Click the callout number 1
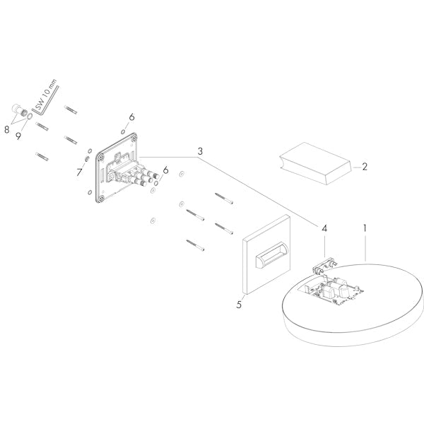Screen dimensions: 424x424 point(365,228)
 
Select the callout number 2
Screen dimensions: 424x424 point(365,167)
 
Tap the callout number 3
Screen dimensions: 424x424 point(200,151)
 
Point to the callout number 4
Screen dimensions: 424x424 point(324,228)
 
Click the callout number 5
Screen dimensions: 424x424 point(239,305)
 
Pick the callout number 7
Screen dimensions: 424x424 point(79,172)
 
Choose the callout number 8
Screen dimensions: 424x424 point(7,129)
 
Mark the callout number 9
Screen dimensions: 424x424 point(18,136)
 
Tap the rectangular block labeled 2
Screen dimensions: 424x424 point(316,164)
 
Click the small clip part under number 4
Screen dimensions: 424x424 point(324,266)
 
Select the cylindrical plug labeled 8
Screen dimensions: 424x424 point(18,111)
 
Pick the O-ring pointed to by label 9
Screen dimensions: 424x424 point(30,116)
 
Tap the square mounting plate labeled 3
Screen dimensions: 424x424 point(117,167)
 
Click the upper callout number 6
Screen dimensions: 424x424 point(131,117)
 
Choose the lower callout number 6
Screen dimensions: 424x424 point(165,170)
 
